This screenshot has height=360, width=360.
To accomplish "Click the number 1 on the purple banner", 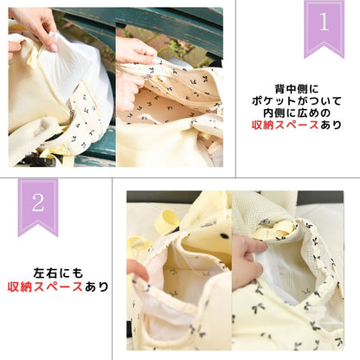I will pos(325,23).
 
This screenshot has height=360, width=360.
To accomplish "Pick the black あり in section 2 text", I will pos(99,286).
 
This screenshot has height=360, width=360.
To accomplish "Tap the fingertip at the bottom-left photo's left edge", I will pos(135,269).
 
